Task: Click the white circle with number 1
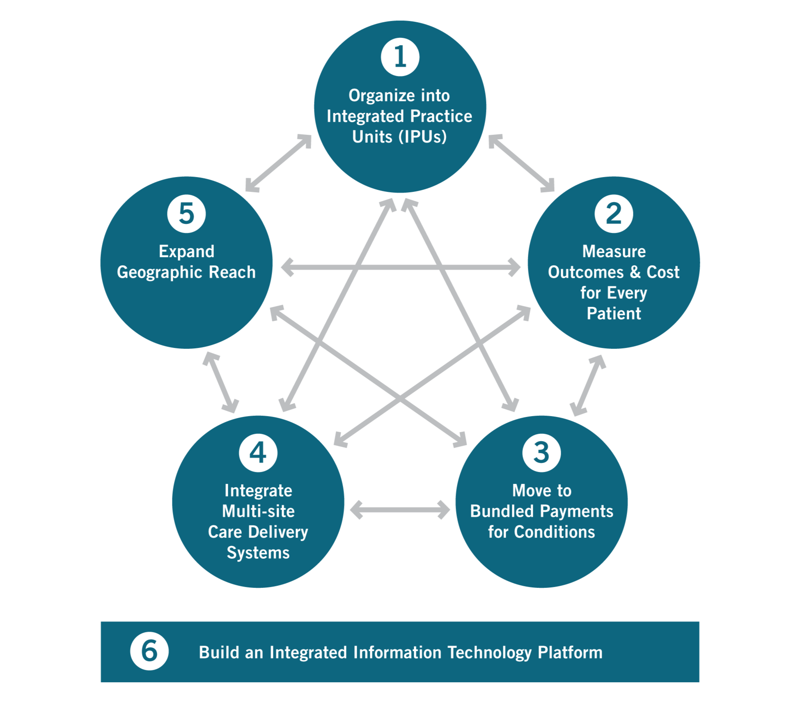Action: tap(400, 57)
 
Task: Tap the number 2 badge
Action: tap(614, 214)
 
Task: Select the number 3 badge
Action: tap(541, 453)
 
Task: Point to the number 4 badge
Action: tap(258, 453)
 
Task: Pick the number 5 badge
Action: tap(186, 214)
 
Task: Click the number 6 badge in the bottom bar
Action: tap(149, 651)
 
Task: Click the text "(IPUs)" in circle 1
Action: tap(423, 137)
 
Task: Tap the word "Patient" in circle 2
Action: tap(614, 313)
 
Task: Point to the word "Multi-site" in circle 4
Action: tap(258, 511)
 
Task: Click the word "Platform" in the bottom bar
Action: tap(570, 652)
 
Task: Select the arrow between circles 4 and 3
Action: tap(400, 510)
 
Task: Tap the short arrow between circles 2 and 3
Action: tap(588, 385)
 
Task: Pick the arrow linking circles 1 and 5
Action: tap(278, 163)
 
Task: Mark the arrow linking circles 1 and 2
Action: tap(521, 163)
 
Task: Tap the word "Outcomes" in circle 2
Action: tap(586, 272)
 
